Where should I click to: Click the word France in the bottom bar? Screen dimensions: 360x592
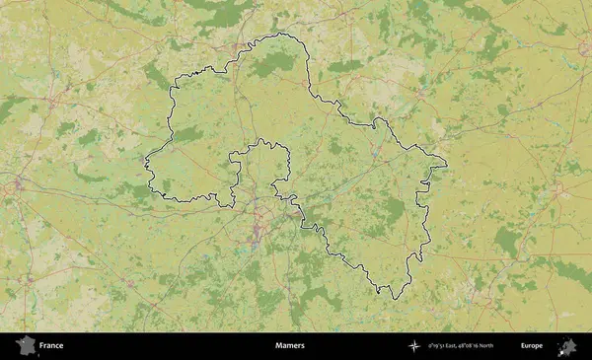coord(50,346)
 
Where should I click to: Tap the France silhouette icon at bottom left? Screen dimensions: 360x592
coord(25,346)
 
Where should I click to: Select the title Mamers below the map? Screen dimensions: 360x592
coord(290,346)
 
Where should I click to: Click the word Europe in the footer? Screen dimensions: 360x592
coord(532,346)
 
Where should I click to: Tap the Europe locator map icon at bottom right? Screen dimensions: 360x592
coord(567,346)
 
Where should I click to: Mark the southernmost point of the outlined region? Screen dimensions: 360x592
coord(392,299)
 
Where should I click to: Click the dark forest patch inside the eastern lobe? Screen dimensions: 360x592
coord(395,210)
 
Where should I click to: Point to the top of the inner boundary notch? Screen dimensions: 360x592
coord(262,141)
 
